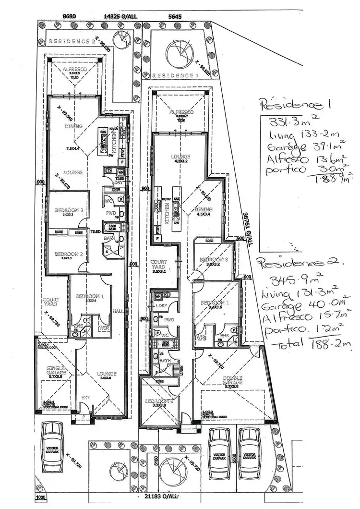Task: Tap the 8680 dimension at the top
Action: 70,16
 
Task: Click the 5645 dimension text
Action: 176,16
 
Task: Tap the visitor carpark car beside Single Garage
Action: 52,446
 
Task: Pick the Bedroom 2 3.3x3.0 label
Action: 158,402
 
